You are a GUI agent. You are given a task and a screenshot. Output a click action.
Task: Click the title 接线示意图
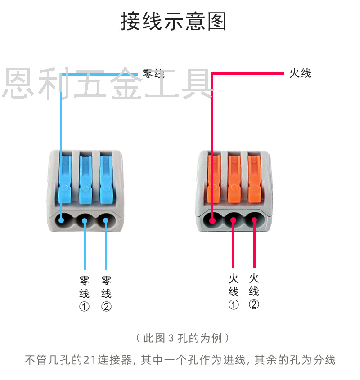[173, 22]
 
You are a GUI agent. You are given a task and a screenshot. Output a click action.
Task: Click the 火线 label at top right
[300, 73]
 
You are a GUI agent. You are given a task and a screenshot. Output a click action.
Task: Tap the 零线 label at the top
[153, 73]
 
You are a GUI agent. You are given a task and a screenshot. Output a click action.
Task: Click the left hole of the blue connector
[62, 220]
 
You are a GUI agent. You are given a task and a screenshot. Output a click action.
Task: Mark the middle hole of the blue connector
[85, 220]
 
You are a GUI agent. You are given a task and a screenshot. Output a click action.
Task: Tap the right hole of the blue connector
[106, 220]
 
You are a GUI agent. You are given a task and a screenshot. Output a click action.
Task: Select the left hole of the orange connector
[212, 220]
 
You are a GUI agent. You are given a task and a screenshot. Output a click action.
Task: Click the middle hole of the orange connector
[234, 220]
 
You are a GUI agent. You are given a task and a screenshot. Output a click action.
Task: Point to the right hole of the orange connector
[255, 220]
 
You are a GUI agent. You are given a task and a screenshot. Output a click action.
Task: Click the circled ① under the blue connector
[84, 307]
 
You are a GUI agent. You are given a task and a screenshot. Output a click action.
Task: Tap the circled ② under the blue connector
[106, 307]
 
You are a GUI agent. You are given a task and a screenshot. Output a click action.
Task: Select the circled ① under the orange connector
[234, 305]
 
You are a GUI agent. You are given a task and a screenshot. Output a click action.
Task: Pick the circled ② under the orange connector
[254, 304]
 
